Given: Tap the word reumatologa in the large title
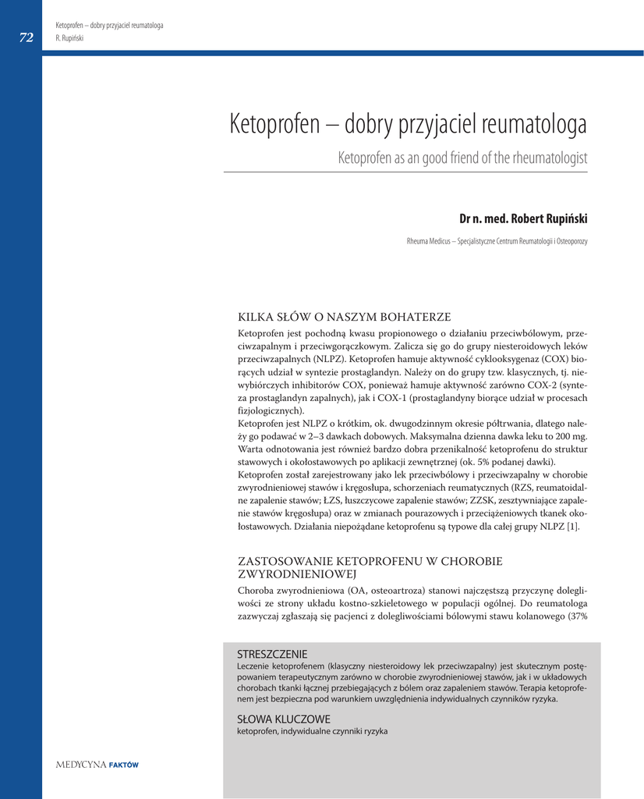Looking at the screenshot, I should tap(535, 124).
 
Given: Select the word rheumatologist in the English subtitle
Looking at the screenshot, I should tap(550, 158).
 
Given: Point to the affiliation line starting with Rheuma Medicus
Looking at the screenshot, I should tap(497, 242).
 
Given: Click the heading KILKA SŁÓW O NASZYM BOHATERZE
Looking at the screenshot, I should tap(344, 317).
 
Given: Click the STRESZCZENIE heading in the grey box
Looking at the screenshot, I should tap(272, 654).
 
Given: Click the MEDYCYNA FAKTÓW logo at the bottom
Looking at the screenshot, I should tap(97, 765).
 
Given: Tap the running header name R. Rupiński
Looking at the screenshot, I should tap(69, 37).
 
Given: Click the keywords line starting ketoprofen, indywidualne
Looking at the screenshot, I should tap(312, 731).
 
